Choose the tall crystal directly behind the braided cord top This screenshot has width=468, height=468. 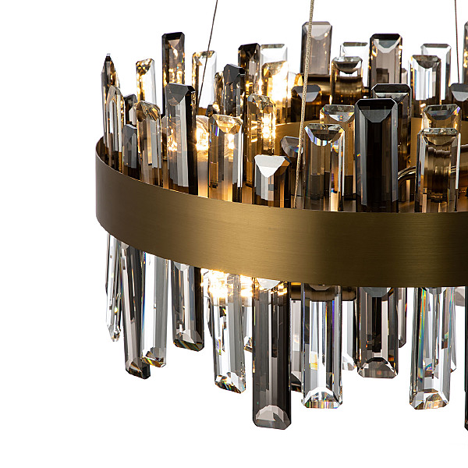point(317,51)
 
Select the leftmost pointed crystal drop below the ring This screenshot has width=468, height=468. point(114,289)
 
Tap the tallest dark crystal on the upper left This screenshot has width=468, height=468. point(173,62)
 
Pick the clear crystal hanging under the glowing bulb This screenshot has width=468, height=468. point(228,335)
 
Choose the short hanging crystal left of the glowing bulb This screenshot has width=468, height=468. point(187,304)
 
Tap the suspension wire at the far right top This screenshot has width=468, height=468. point(457,23)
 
